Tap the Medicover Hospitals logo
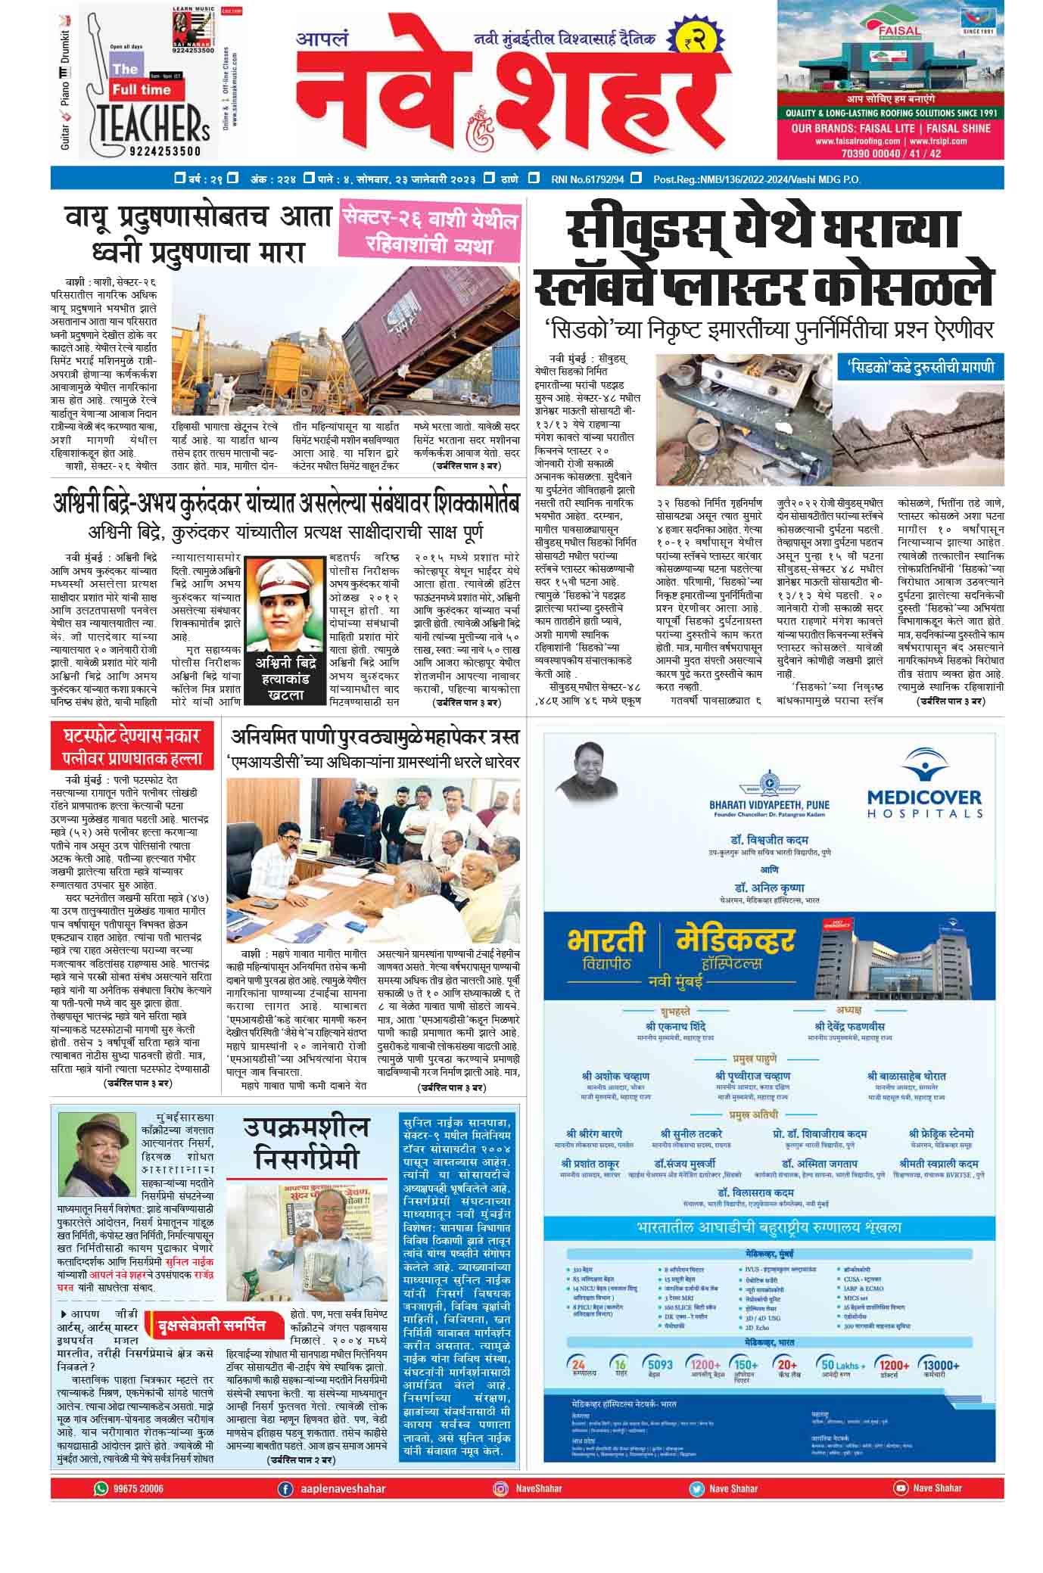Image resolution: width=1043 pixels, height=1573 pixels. [x=923, y=788]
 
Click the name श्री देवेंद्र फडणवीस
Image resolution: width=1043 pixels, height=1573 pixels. [x=849, y=1026]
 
